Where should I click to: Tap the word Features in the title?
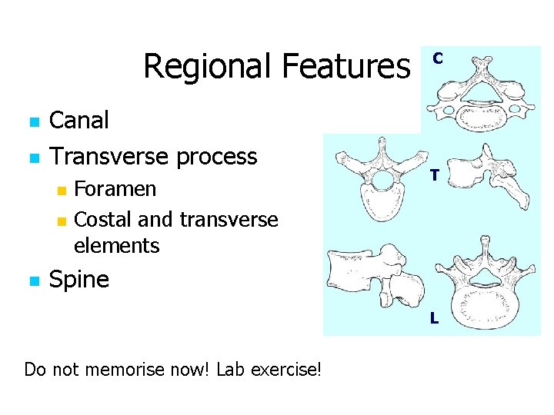345,66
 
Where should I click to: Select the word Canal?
79,120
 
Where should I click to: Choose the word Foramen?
115,189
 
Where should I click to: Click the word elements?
117,246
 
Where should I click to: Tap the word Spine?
79,279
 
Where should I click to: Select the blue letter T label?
435,176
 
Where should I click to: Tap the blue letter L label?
434,317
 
